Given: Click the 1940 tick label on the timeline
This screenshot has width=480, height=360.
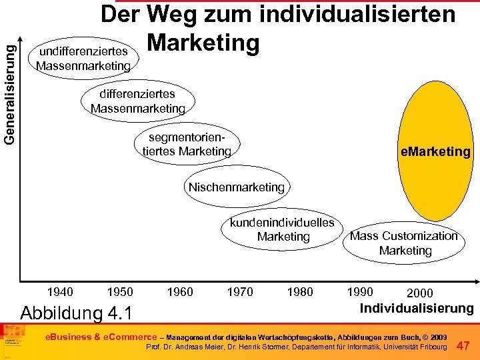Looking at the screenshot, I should point(60,291).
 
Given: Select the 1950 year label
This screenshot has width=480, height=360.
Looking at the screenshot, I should point(120,291).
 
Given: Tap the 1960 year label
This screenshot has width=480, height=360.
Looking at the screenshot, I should point(180,291).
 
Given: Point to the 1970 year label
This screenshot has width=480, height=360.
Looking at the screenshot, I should point(240,291).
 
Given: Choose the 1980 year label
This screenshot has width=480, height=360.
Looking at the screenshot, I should point(300,291).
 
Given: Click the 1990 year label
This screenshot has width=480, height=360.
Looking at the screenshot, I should point(360,291).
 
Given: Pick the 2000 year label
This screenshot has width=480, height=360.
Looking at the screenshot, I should point(419,293).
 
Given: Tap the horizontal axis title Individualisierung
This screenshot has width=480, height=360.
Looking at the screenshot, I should point(417,308).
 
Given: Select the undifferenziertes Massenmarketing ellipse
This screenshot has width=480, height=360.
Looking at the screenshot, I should point(83,59).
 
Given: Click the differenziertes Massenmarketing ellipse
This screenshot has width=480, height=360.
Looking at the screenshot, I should point(137,101).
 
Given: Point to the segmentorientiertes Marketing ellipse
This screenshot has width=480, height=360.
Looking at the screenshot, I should point(187,145).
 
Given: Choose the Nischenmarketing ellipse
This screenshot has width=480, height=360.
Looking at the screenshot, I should point(236,187).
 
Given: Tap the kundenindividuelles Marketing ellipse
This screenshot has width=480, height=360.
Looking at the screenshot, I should point(283,229).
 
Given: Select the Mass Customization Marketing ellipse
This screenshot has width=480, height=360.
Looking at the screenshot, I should point(405,243).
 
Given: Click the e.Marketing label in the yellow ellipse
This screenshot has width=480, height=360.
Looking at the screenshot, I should point(435,152).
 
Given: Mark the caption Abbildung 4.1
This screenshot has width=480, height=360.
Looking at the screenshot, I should point(77,313).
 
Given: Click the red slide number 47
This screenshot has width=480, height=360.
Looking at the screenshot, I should point(464,345).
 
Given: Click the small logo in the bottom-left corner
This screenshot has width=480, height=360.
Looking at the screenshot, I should point(13,339).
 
